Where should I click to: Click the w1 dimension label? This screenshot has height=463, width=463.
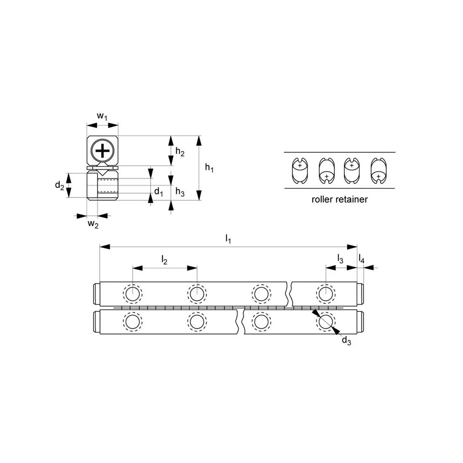pyautogui.click(x=102, y=116)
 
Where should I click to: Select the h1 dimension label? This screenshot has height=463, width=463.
pyautogui.click(x=209, y=168)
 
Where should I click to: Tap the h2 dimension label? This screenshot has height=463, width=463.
pyautogui.click(x=180, y=152)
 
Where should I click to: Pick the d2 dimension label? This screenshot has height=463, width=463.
pyautogui.click(x=60, y=185)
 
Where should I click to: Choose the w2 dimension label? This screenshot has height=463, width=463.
pyautogui.click(x=93, y=224)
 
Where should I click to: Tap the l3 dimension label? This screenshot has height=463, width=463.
pyautogui.click(x=340, y=259)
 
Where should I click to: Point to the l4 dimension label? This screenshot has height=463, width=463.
pyautogui.click(x=362, y=259)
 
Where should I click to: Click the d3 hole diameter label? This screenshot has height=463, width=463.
pyautogui.click(x=346, y=341)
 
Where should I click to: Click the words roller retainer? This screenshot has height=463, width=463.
pyautogui.click(x=339, y=200)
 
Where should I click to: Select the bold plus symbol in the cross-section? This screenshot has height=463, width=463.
pyautogui.click(x=102, y=150)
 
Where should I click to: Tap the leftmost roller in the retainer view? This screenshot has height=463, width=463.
pyautogui.click(x=300, y=170)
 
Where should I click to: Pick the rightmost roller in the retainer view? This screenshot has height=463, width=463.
pyautogui.click(x=378, y=170)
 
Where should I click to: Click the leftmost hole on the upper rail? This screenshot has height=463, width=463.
pyautogui.click(x=133, y=293)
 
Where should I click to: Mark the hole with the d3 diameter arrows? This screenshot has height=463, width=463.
pyautogui.click(x=325, y=322)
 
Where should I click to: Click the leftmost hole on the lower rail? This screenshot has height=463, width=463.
pyautogui.click(x=133, y=322)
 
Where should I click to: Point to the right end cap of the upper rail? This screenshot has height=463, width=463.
pyautogui.click(x=360, y=293)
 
